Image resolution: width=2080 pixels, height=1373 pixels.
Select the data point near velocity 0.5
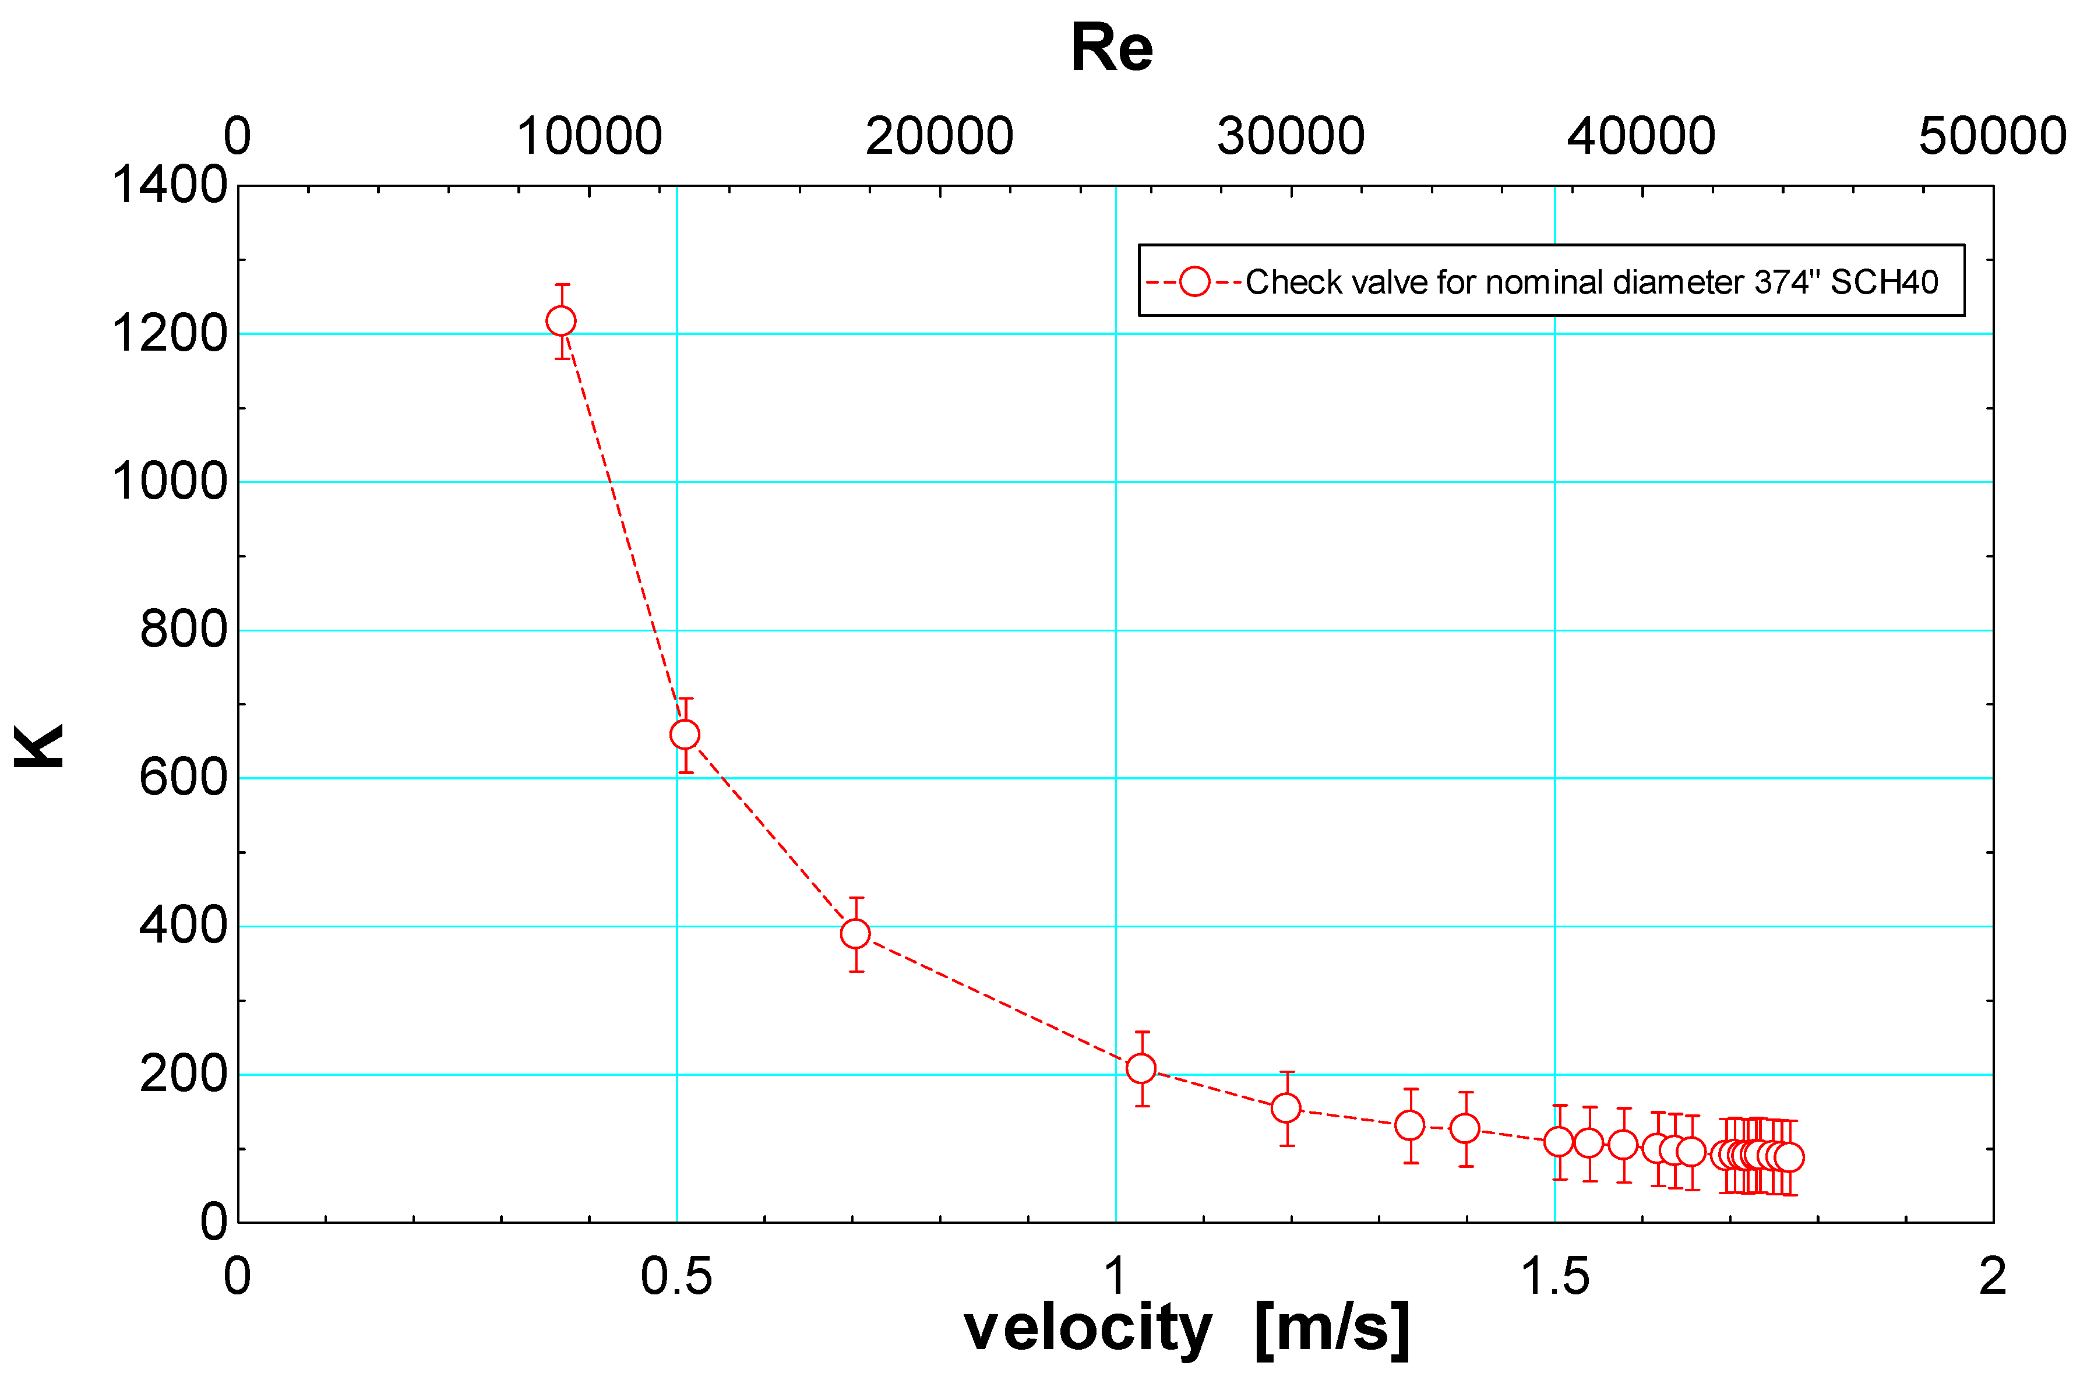click(x=685, y=735)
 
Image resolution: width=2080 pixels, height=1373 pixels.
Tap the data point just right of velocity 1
click(x=1140, y=1068)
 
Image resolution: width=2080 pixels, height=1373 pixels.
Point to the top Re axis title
click(x=1112, y=48)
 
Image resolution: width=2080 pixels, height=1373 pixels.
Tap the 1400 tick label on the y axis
click(x=169, y=186)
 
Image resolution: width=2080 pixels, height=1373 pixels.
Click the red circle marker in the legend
click(x=1194, y=282)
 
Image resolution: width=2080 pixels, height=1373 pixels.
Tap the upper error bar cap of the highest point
click(x=562, y=285)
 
